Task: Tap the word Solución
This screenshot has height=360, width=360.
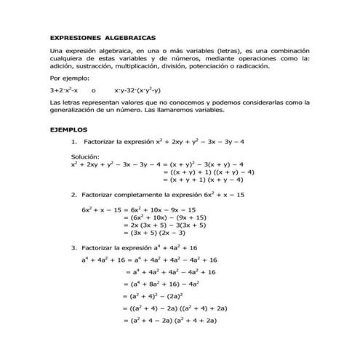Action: click(x=87, y=156)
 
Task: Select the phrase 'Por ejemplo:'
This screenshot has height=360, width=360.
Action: click(x=69, y=77)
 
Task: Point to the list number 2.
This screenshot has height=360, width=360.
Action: click(x=74, y=195)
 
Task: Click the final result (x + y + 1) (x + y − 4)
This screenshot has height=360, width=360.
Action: click(x=208, y=178)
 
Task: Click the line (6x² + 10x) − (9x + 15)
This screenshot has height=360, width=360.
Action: click(x=164, y=217)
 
